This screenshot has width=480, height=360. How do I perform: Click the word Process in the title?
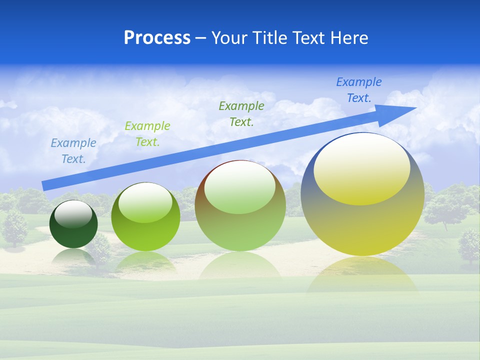[x=157, y=38]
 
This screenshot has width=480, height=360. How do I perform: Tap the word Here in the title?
[x=349, y=38]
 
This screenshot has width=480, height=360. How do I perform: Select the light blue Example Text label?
[x=73, y=151]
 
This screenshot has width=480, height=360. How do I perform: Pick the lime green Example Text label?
[x=147, y=134]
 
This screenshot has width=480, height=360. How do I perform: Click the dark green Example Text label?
[x=241, y=114]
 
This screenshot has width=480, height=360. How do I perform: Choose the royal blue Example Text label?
[x=359, y=90]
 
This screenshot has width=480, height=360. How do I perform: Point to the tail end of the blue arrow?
[x=46, y=185]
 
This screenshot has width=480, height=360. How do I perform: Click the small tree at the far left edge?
[x=14, y=227]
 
